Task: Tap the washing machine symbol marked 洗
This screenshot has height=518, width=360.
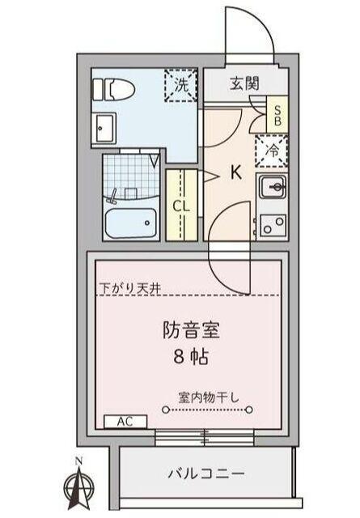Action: coord(180,84)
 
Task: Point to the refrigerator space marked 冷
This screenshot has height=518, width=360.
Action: coord(273,151)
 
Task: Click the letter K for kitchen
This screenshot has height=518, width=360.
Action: coord(237,172)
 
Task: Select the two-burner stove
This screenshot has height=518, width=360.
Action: coord(273,223)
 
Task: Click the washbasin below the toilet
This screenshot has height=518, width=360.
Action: coord(105,126)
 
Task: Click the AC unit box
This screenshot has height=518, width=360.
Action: coord(125,422)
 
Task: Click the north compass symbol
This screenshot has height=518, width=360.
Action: coord(78,484)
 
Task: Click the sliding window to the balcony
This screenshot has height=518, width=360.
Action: coord(205,437)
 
